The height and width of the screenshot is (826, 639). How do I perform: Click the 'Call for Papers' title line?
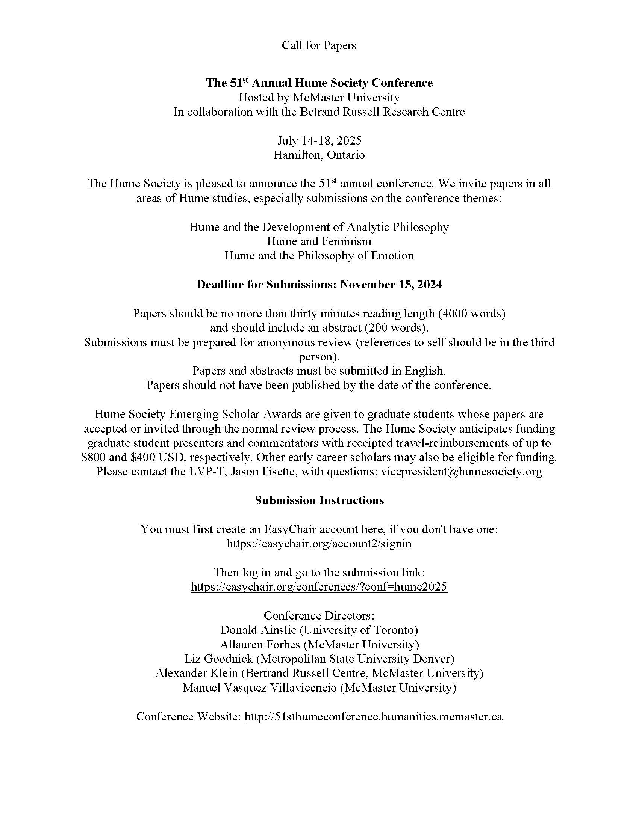(x=319, y=45)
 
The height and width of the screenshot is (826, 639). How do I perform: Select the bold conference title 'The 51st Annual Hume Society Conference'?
(x=319, y=83)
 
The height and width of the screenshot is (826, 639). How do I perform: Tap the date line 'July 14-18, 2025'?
(x=319, y=141)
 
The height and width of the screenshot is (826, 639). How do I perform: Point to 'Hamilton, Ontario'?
(x=319, y=155)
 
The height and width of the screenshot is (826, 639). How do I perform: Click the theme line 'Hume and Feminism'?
(x=319, y=241)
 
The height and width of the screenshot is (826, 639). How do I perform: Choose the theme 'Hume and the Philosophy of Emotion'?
(x=319, y=256)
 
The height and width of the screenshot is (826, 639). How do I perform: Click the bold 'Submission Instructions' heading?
(x=319, y=500)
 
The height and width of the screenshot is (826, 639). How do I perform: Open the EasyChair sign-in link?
(x=319, y=544)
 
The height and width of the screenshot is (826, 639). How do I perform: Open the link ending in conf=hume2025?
(x=319, y=586)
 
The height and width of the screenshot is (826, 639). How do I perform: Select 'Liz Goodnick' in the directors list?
(x=218, y=659)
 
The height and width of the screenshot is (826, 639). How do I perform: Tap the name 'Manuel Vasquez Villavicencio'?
(x=259, y=687)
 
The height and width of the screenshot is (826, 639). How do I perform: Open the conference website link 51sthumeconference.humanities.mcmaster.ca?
(x=373, y=716)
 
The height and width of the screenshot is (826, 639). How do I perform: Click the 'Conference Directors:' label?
(x=319, y=615)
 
